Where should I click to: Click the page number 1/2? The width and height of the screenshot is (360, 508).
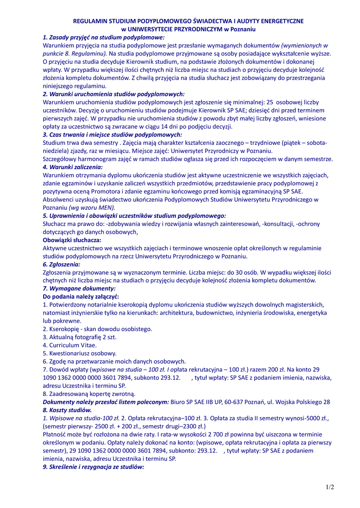330,487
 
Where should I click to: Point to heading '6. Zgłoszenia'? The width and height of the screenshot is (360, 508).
61,264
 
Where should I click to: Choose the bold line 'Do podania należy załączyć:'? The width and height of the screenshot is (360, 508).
81,296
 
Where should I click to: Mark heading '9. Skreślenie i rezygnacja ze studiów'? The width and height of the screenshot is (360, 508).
93,467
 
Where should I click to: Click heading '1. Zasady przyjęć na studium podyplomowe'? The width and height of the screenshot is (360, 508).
103,37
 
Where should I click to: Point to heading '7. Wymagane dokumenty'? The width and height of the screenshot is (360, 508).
79,288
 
